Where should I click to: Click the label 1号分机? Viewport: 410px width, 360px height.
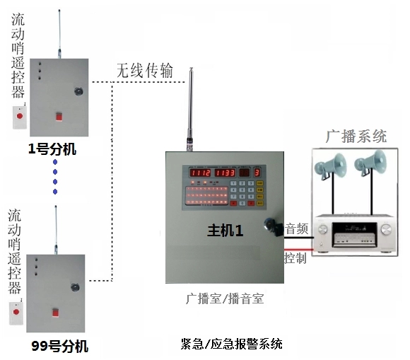tap(52, 149)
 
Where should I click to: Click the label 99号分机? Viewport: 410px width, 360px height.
tap(60, 346)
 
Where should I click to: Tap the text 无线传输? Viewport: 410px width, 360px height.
tap(145, 71)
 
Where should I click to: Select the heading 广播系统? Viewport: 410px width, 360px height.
tap(356, 136)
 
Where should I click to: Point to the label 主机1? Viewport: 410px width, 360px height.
tap(225, 231)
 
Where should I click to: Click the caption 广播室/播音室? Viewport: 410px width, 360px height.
tap(225, 298)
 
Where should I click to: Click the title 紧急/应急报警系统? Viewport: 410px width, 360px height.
tap(231, 344)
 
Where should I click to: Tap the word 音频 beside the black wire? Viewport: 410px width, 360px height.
tap(297, 229)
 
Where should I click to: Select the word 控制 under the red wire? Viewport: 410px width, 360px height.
tap(295, 258)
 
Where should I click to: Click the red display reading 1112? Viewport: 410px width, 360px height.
tap(200, 173)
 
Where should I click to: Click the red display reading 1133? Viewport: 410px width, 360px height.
tap(225, 173)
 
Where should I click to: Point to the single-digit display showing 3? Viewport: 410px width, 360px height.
tap(257, 173)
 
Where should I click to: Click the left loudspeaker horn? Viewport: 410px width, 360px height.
tap(331, 166)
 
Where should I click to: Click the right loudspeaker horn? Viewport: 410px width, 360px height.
tap(370, 163)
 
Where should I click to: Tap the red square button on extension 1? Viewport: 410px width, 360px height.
tap(59, 117)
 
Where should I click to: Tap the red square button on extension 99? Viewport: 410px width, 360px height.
tap(55, 313)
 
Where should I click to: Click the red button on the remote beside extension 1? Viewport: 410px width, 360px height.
tap(20, 116)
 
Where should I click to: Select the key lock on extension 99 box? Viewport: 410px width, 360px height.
tap(75, 287)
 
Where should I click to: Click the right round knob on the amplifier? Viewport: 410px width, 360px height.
tap(386, 229)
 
